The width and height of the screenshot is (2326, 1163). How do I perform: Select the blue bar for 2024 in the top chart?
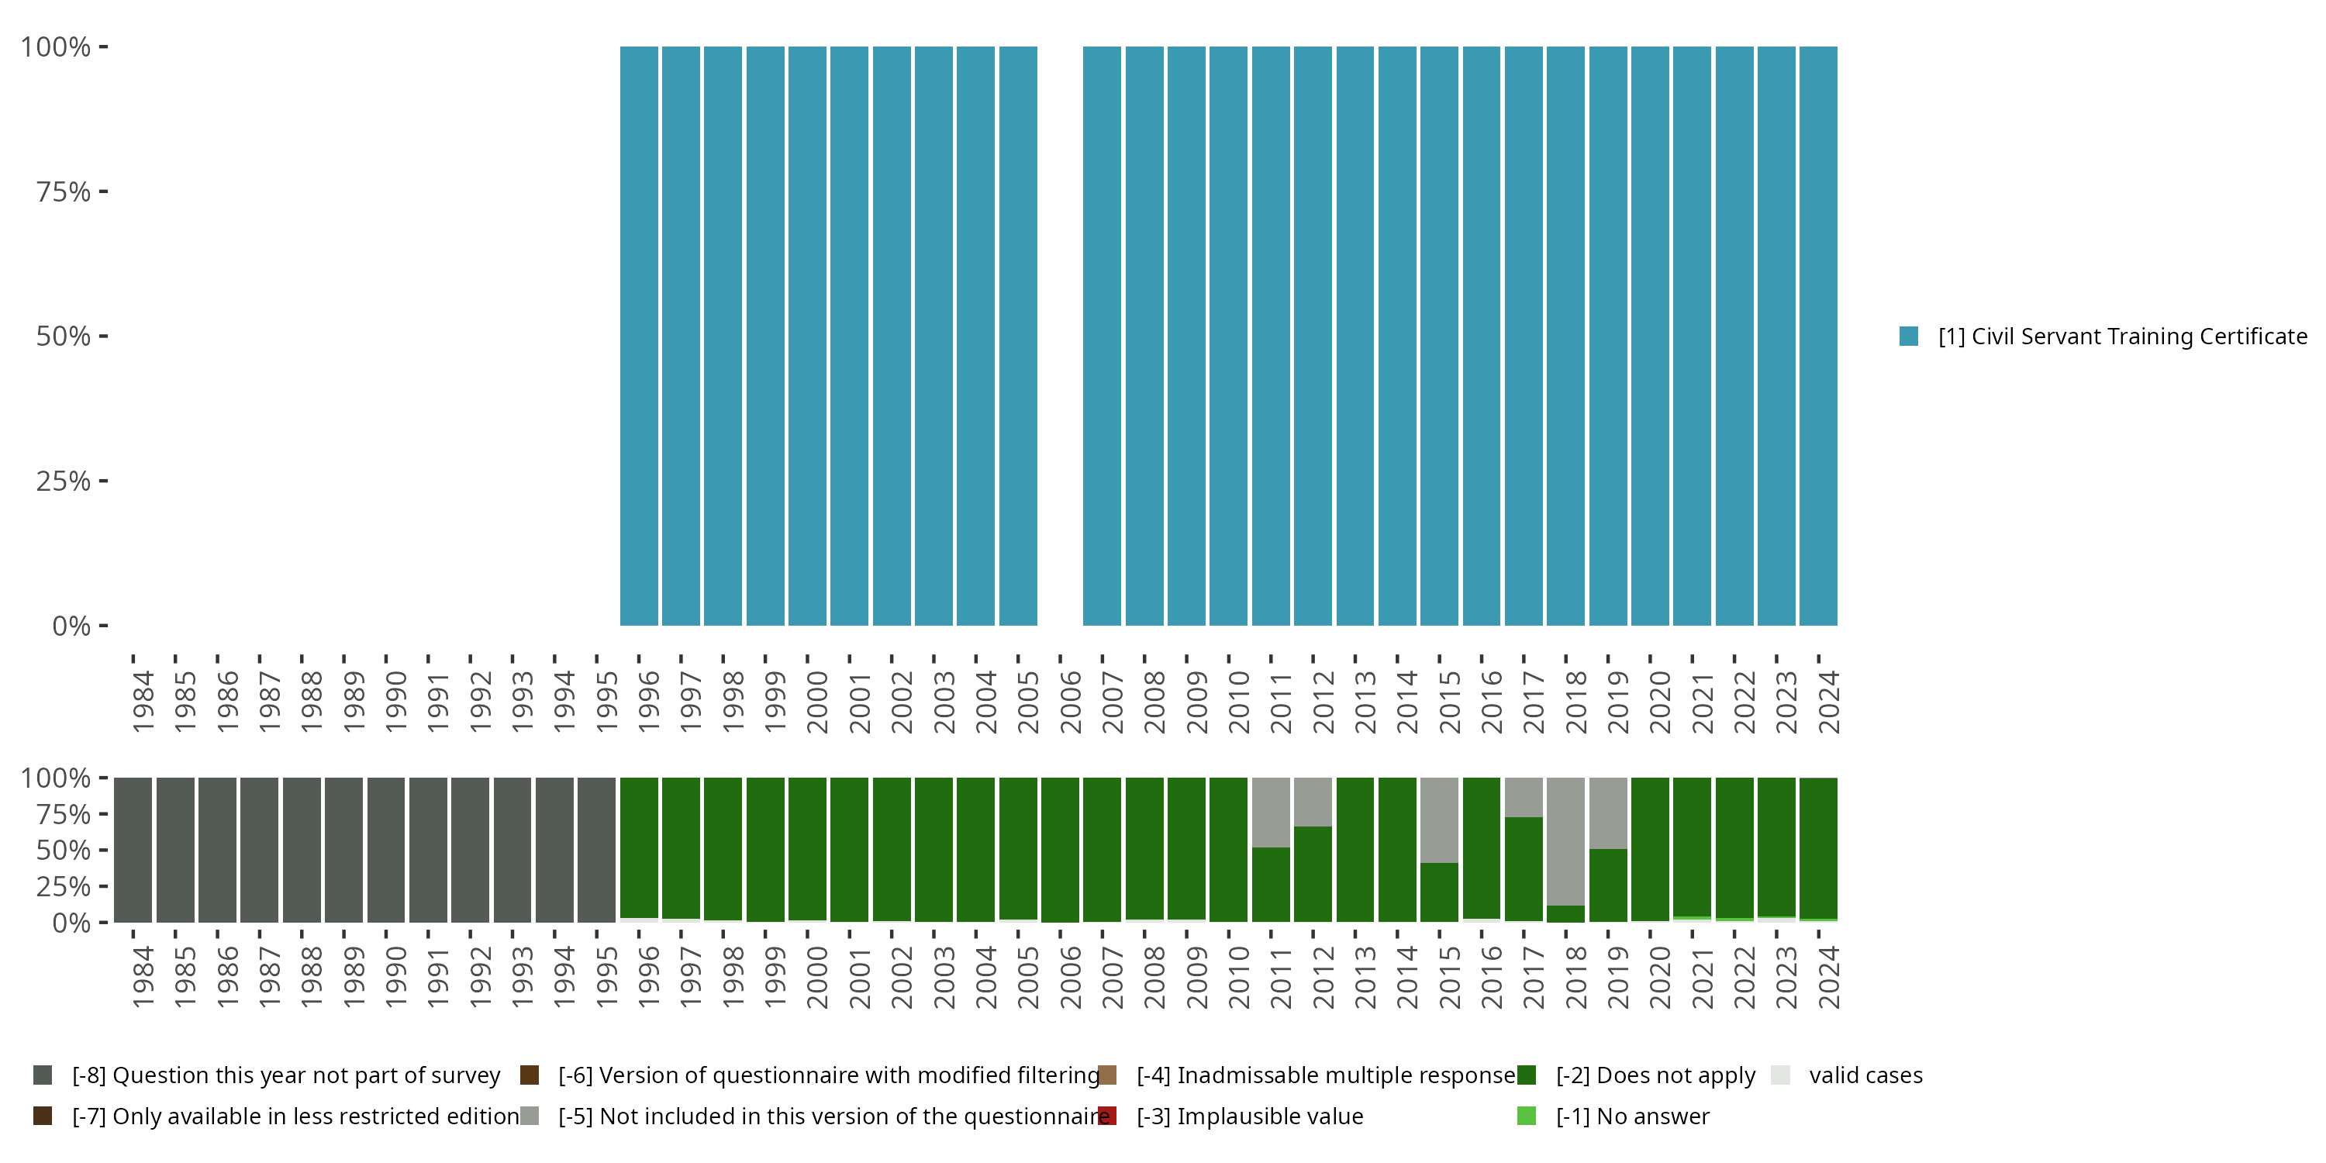(1817, 336)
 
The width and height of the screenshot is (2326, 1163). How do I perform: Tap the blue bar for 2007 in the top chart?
(1102, 336)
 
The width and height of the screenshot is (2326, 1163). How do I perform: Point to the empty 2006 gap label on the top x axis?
(1070, 702)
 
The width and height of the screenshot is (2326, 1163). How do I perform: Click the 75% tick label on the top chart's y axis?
(64, 192)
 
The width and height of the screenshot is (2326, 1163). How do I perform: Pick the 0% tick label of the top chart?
(71, 626)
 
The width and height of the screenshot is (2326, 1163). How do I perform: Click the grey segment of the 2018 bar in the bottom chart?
(1565, 840)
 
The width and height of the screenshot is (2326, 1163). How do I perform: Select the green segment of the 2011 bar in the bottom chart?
(1271, 884)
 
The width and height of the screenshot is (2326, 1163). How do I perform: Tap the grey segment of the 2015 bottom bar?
(1438, 819)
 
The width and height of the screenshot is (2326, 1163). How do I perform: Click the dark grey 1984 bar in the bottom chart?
(133, 850)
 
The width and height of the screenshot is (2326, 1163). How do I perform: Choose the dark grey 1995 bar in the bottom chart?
(596, 850)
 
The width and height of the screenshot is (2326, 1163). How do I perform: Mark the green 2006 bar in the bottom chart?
(1059, 850)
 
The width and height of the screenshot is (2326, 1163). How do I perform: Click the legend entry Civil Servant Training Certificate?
(2122, 336)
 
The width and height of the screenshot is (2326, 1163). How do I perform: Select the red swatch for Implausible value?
(1107, 1116)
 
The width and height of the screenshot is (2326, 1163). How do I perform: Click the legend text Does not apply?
(1655, 1075)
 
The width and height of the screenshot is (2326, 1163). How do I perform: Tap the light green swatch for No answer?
(1527, 1116)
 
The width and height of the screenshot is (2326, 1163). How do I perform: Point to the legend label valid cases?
(1865, 1075)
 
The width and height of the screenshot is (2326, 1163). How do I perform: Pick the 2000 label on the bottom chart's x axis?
(817, 977)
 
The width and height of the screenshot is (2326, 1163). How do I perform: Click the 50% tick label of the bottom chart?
(64, 850)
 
